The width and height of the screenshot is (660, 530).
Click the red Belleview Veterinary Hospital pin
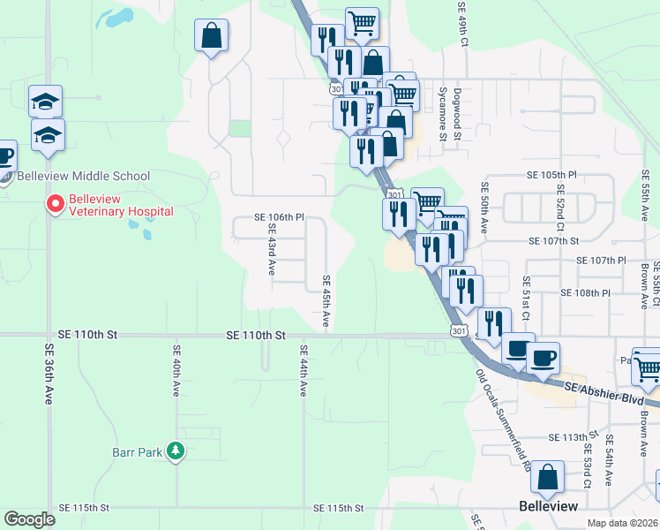55,204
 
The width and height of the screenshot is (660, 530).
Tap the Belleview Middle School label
83,177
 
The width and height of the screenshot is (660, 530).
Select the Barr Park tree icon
176,451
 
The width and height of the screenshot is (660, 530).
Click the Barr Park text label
138,452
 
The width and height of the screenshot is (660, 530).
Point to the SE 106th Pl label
279,216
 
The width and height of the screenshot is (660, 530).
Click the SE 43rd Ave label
272,249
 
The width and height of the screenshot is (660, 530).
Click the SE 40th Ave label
176,376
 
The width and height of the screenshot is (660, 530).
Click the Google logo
29,519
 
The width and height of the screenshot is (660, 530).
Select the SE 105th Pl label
551,176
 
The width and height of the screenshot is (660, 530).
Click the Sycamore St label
443,114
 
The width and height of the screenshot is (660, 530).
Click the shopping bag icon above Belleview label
547,477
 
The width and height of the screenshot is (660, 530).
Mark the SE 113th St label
574,438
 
